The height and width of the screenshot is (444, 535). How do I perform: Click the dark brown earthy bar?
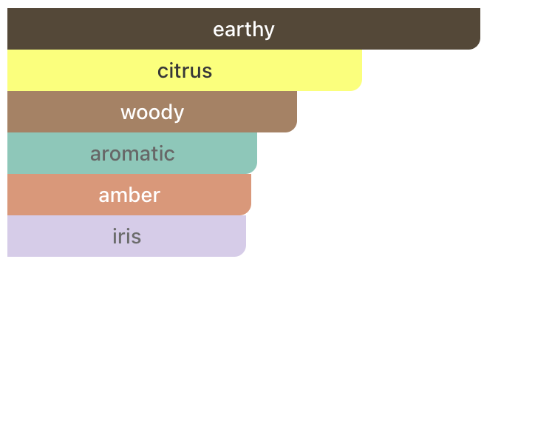click(244, 29)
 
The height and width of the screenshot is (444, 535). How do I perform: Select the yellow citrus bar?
click(185, 70)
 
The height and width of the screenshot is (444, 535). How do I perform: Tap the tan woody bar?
click(152, 112)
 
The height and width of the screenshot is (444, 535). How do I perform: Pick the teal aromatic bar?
click(132, 153)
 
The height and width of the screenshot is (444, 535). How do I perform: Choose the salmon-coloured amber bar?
click(129, 195)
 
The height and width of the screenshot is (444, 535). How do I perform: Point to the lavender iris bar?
click(126, 236)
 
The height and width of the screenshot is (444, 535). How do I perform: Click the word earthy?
click(244, 30)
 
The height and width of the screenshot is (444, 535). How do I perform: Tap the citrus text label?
click(185, 71)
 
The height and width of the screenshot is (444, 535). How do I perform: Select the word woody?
click(152, 112)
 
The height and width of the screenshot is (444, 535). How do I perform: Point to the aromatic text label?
click(132, 153)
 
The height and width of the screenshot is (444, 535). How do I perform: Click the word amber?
click(129, 195)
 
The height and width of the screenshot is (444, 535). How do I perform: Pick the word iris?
click(126, 236)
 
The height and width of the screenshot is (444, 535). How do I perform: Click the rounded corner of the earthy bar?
click(477, 46)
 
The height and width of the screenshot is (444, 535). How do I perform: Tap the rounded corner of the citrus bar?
click(358, 87)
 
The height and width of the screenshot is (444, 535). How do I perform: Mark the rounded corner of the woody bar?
click(293, 129)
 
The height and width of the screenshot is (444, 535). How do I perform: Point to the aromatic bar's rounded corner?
click(253, 170)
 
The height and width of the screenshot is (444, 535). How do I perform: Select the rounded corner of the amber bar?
click(248, 212)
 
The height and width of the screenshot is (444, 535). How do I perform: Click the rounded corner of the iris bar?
click(242, 253)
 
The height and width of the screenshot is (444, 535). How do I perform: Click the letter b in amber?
click(134, 195)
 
